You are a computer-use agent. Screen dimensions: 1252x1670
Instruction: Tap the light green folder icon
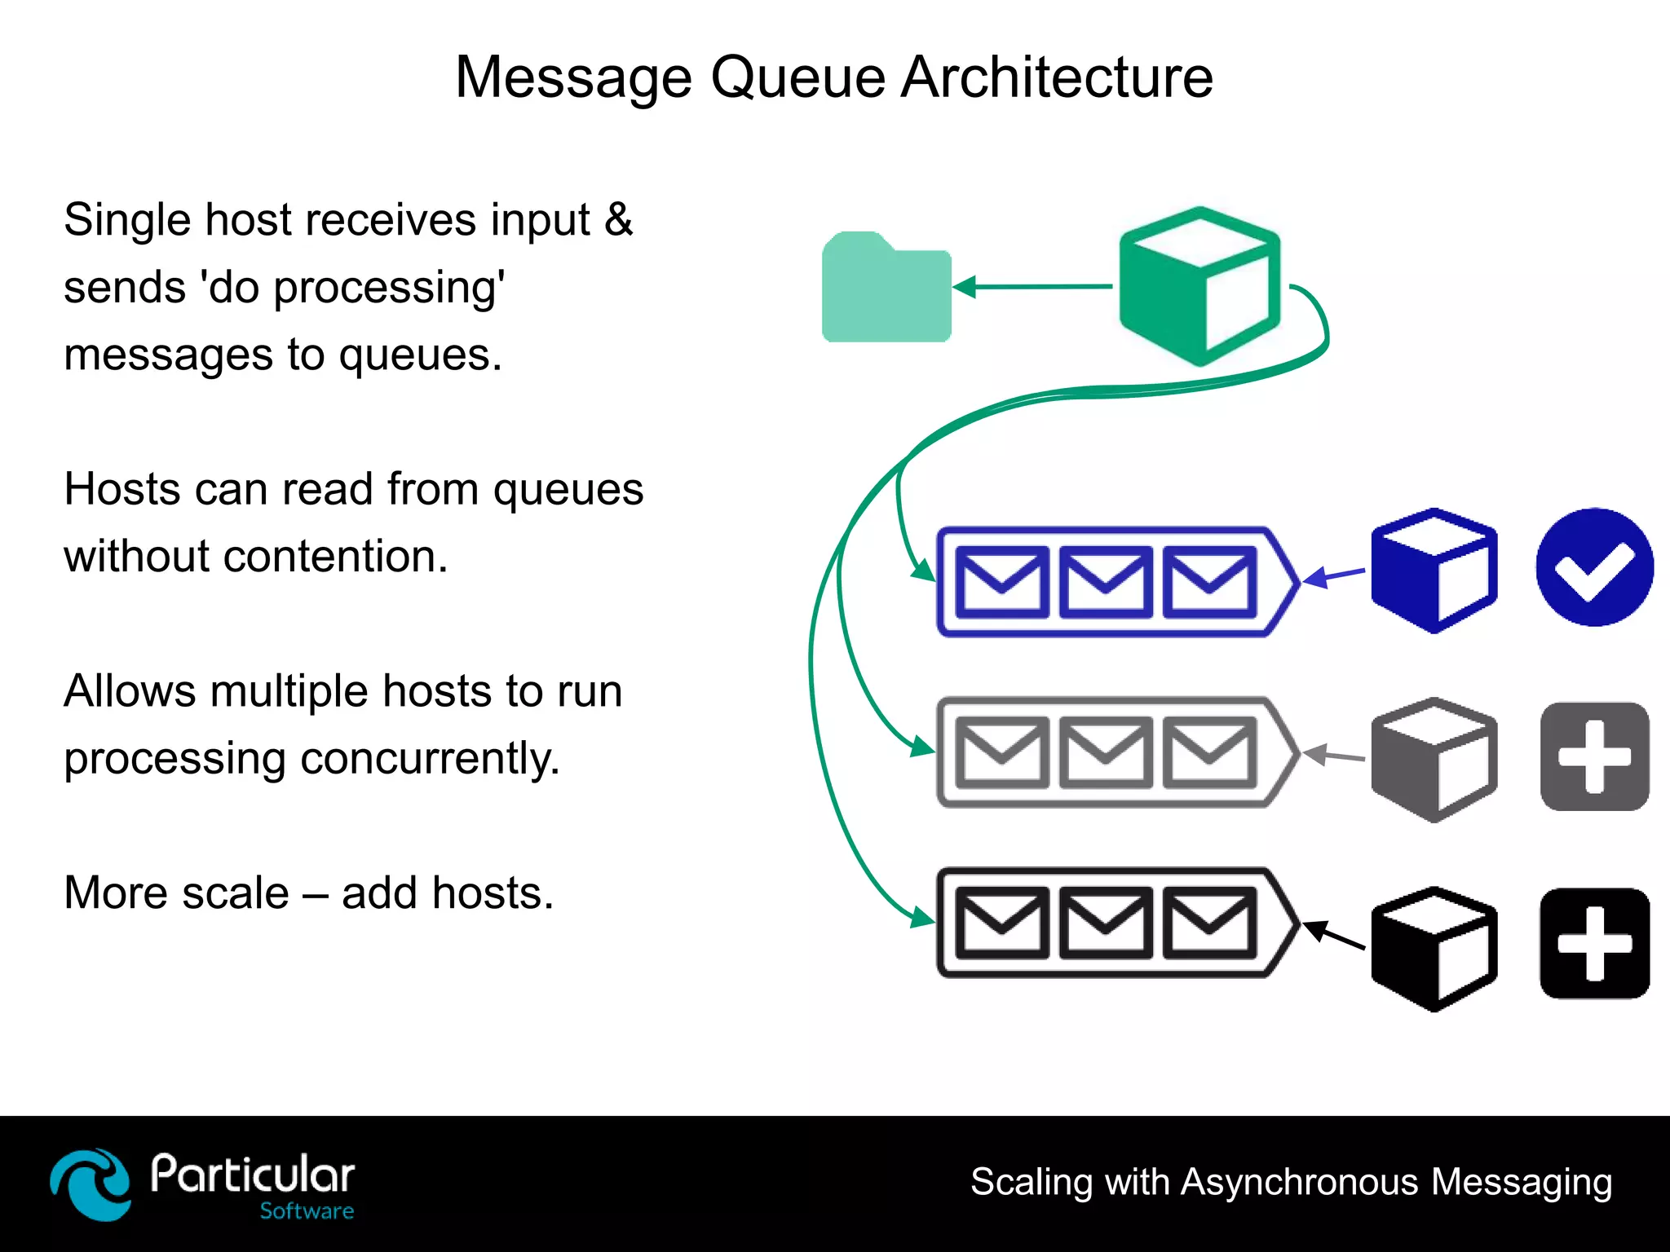[886, 289]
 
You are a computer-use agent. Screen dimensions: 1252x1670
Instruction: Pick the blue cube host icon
[1434, 571]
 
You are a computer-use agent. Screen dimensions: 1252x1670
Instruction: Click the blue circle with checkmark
[1594, 567]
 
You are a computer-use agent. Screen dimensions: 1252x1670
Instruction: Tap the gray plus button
[1594, 757]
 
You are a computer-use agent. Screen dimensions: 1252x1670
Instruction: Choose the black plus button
[1594, 943]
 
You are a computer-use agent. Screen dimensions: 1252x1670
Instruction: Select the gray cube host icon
[1434, 760]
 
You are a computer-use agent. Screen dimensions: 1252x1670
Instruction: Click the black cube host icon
[1434, 949]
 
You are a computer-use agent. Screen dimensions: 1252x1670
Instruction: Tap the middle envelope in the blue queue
[1105, 582]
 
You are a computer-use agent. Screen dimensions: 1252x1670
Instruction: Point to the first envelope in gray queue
[1001, 752]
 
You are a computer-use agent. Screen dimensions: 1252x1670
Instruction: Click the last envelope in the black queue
[1209, 923]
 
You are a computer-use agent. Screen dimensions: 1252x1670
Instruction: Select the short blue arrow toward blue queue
[1334, 576]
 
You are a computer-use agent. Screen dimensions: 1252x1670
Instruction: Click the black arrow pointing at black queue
[1334, 936]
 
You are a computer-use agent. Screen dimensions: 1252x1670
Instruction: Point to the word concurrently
[430, 759]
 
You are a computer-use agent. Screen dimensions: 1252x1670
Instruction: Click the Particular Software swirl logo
[90, 1184]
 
